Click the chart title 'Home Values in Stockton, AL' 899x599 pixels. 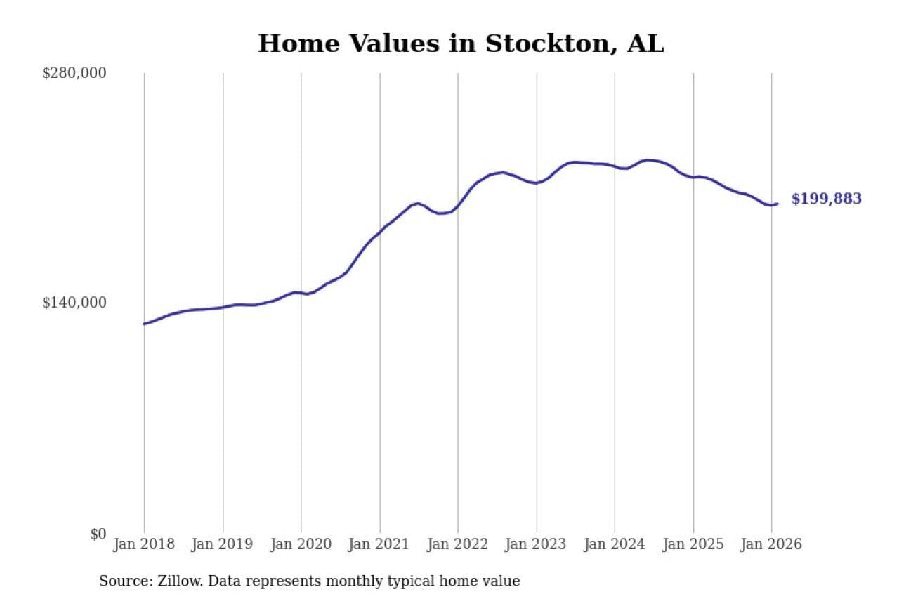pyautogui.click(x=461, y=44)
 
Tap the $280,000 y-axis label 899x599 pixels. pyautogui.click(x=74, y=73)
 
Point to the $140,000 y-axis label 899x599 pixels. pyautogui.click(x=74, y=303)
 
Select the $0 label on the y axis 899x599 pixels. pyautogui.click(x=98, y=534)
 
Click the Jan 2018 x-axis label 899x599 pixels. pyautogui.click(x=143, y=544)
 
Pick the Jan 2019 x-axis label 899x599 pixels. pyautogui.click(x=222, y=544)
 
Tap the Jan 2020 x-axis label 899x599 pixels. pyautogui.click(x=301, y=544)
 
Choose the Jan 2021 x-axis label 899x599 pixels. pyautogui.click(x=379, y=544)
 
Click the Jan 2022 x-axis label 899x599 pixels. pyautogui.click(x=457, y=544)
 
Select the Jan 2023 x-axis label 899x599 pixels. pyautogui.click(x=536, y=544)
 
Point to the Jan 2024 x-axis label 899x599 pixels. pyautogui.click(x=615, y=544)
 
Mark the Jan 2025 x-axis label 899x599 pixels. pyautogui.click(x=693, y=544)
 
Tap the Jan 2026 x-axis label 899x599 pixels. pyautogui.click(x=771, y=544)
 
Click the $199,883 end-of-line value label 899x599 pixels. pyautogui.click(x=826, y=199)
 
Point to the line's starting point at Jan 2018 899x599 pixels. pyautogui.click(x=144, y=324)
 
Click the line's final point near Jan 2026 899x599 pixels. pyautogui.click(x=777, y=204)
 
